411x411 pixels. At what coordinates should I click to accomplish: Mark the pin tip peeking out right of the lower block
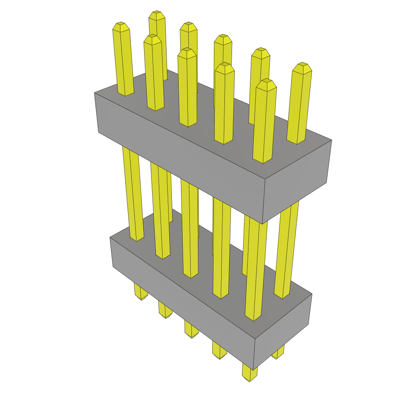point(277,354)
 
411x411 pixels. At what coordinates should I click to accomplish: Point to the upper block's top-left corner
point(95,93)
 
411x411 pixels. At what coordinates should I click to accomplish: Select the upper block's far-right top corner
point(332,140)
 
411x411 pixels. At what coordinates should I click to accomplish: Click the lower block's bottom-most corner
point(253,370)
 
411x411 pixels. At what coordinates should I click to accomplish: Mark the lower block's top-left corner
point(110,237)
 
